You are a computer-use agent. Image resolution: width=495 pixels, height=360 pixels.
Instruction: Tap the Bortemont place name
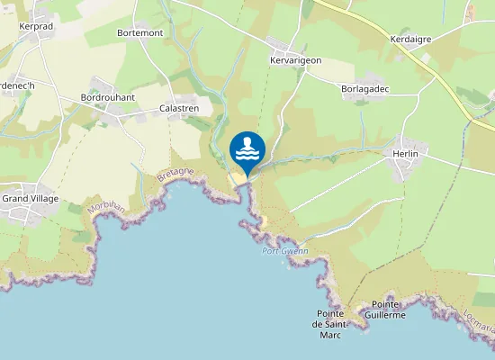click(139, 32)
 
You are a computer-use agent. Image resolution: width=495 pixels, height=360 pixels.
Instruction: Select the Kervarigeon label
click(295, 60)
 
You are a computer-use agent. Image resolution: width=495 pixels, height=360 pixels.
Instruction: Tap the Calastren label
click(179, 107)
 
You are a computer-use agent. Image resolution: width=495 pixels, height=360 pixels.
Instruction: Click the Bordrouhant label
click(107, 97)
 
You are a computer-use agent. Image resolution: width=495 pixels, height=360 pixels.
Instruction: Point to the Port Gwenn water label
click(284, 251)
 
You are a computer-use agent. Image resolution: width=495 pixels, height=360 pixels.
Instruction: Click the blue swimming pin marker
click(247, 150)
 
